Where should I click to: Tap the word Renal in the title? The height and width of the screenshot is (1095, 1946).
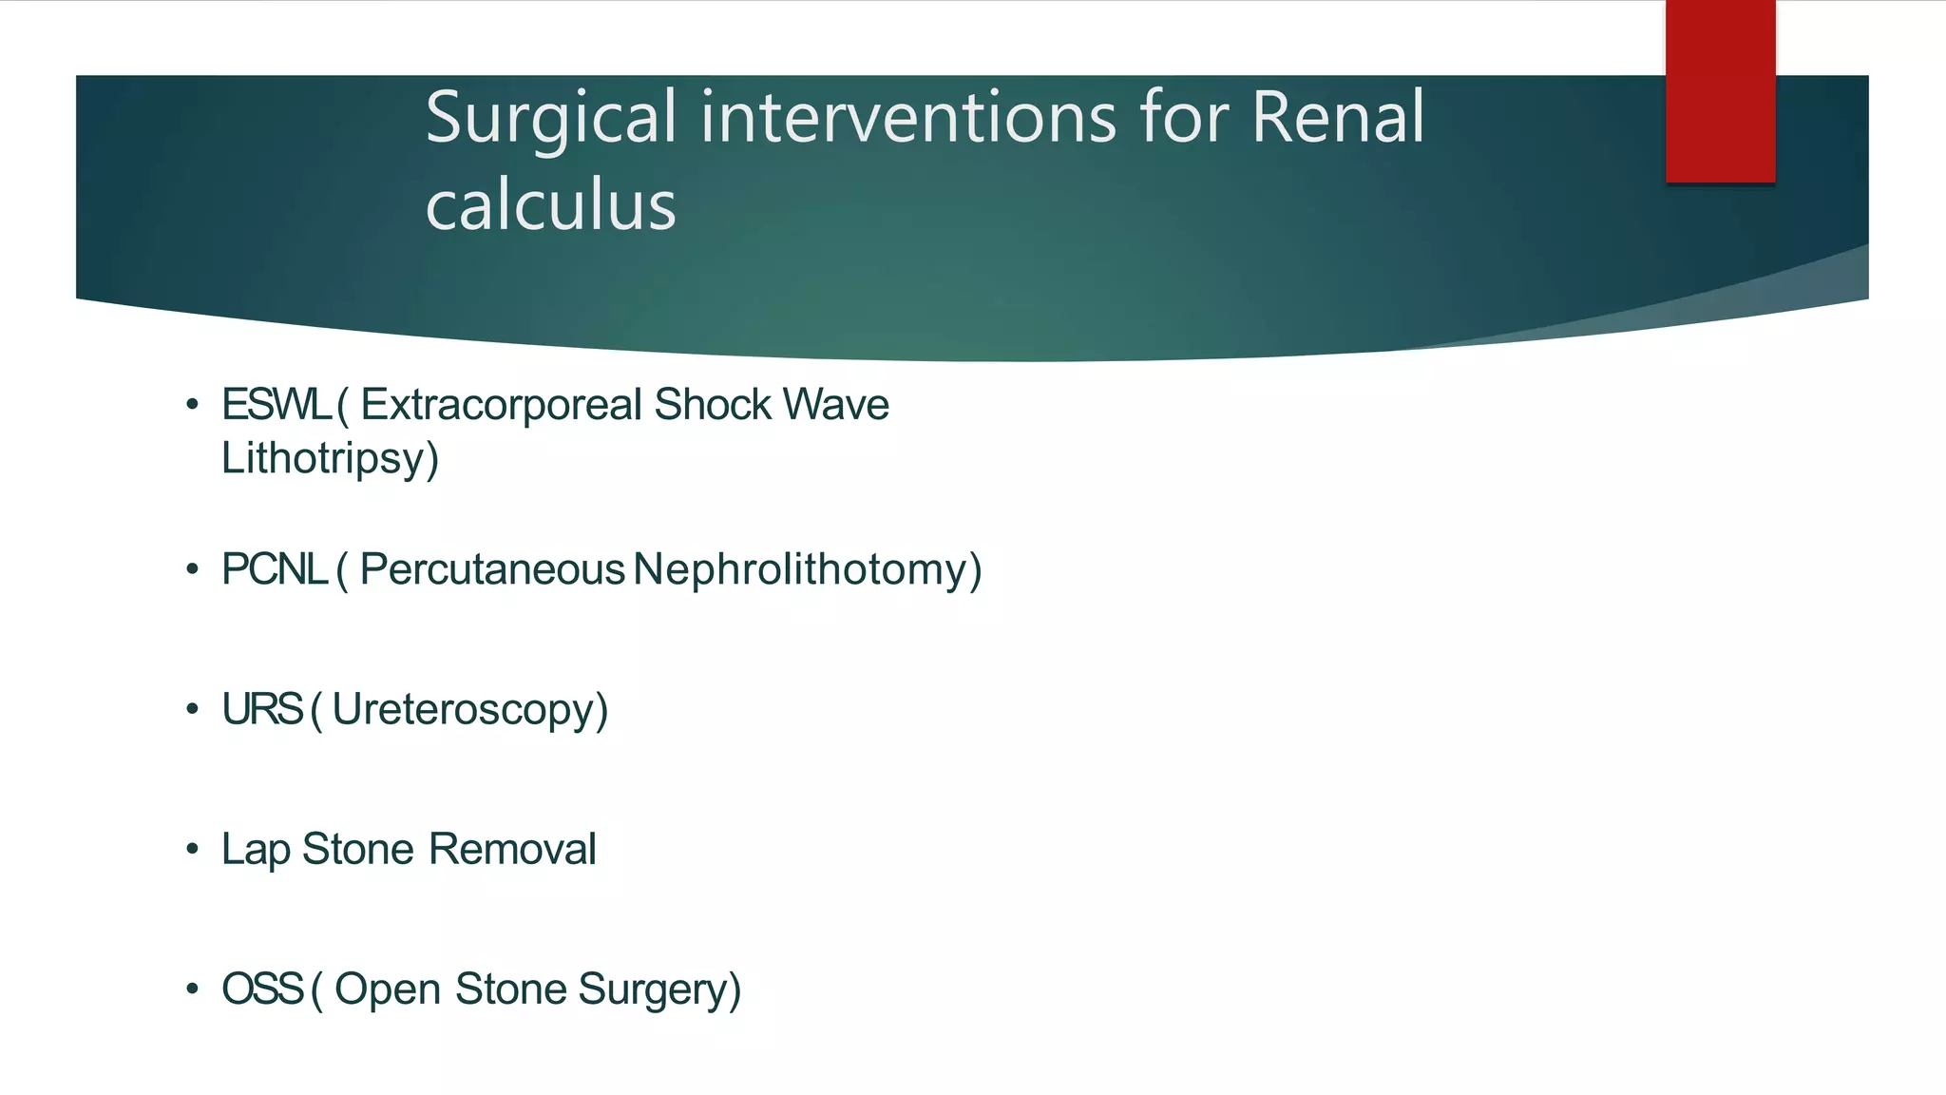pyautogui.click(x=1337, y=118)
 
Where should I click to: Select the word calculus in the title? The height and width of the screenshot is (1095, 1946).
pyautogui.click(x=550, y=206)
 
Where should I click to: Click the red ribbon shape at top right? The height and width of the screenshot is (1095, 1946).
pyautogui.click(x=1720, y=91)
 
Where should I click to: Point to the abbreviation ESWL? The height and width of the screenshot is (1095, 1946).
pyautogui.click(x=276, y=405)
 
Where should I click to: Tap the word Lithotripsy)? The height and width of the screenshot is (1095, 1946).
pyautogui.click(x=330, y=459)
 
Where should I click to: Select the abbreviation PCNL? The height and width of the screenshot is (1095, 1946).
pyautogui.click(x=275, y=569)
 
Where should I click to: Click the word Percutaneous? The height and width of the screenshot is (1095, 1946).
pyautogui.click(x=492, y=569)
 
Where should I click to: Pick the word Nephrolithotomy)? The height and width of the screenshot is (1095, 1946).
pyautogui.click(x=808, y=570)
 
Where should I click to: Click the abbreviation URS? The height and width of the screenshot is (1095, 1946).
pyautogui.click(x=261, y=709)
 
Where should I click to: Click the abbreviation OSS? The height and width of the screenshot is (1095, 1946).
pyautogui.click(x=262, y=989)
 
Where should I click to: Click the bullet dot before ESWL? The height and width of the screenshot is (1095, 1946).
pyautogui.click(x=193, y=405)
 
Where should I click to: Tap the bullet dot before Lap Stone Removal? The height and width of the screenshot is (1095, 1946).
pyautogui.click(x=193, y=849)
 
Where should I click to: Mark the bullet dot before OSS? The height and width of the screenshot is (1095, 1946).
pyautogui.click(x=193, y=989)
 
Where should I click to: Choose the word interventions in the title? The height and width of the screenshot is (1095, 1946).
pyautogui.click(x=908, y=118)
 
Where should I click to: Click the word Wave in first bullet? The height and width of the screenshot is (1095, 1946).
pyautogui.click(x=836, y=405)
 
